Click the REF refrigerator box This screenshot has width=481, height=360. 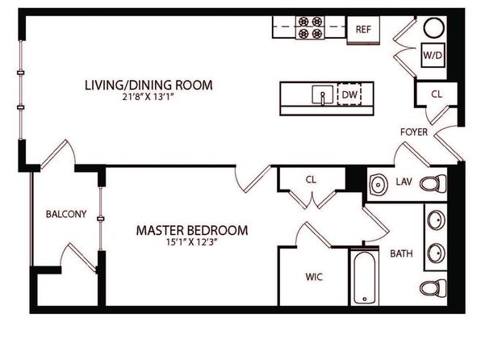[x=363, y=30]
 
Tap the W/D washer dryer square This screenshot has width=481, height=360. [x=433, y=55]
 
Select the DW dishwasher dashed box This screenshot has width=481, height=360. [x=349, y=94]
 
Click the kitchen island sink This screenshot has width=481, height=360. [x=322, y=94]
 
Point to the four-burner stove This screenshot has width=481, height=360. [x=310, y=27]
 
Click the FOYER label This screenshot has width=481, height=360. [x=414, y=132]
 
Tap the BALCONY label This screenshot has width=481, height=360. [x=66, y=214]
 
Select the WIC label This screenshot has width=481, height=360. [x=314, y=277]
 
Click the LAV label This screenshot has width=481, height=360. [x=404, y=182]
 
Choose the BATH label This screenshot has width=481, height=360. [x=401, y=253]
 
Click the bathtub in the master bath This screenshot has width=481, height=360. [x=365, y=278]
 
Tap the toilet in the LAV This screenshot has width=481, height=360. [x=433, y=184]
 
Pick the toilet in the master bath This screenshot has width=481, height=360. [x=433, y=288]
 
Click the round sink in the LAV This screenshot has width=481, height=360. [x=379, y=185]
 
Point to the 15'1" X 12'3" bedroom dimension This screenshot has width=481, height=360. [x=192, y=242]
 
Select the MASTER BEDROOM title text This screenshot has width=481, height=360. [x=192, y=230]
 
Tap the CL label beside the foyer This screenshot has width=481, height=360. [x=437, y=94]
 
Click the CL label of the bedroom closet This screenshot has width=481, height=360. [x=311, y=179]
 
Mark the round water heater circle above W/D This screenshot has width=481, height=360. [x=434, y=27]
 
